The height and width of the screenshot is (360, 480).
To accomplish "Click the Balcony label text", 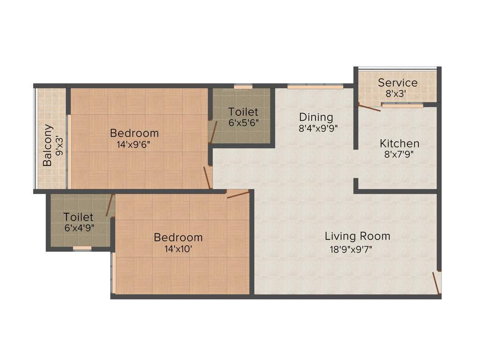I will click(x=47, y=145).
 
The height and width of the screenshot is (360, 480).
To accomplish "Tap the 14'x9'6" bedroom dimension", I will click(x=134, y=145).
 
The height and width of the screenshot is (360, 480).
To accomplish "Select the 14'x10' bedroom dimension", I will click(x=178, y=249).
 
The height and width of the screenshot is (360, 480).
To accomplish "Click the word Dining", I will click(x=316, y=117).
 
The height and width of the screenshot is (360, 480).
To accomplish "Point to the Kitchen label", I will click(x=399, y=143).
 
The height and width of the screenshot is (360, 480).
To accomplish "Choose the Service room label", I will click(x=397, y=83).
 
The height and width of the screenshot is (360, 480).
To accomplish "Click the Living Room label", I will click(x=357, y=236).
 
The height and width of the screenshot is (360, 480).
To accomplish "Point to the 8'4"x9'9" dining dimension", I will click(x=318, y=128).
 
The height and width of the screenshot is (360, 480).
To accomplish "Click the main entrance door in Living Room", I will click(x=436, y=283).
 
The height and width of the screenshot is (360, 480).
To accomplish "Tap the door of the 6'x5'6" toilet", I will click(x=214, y=131).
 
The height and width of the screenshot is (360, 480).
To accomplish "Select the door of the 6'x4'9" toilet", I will click(x=110, y=205).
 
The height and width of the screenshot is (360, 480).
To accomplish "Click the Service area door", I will click(x=369, y=107).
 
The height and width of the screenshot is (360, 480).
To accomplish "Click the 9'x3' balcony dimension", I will click(x=59, y=145).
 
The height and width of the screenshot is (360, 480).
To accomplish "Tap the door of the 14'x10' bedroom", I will click(x=238, y=194).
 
